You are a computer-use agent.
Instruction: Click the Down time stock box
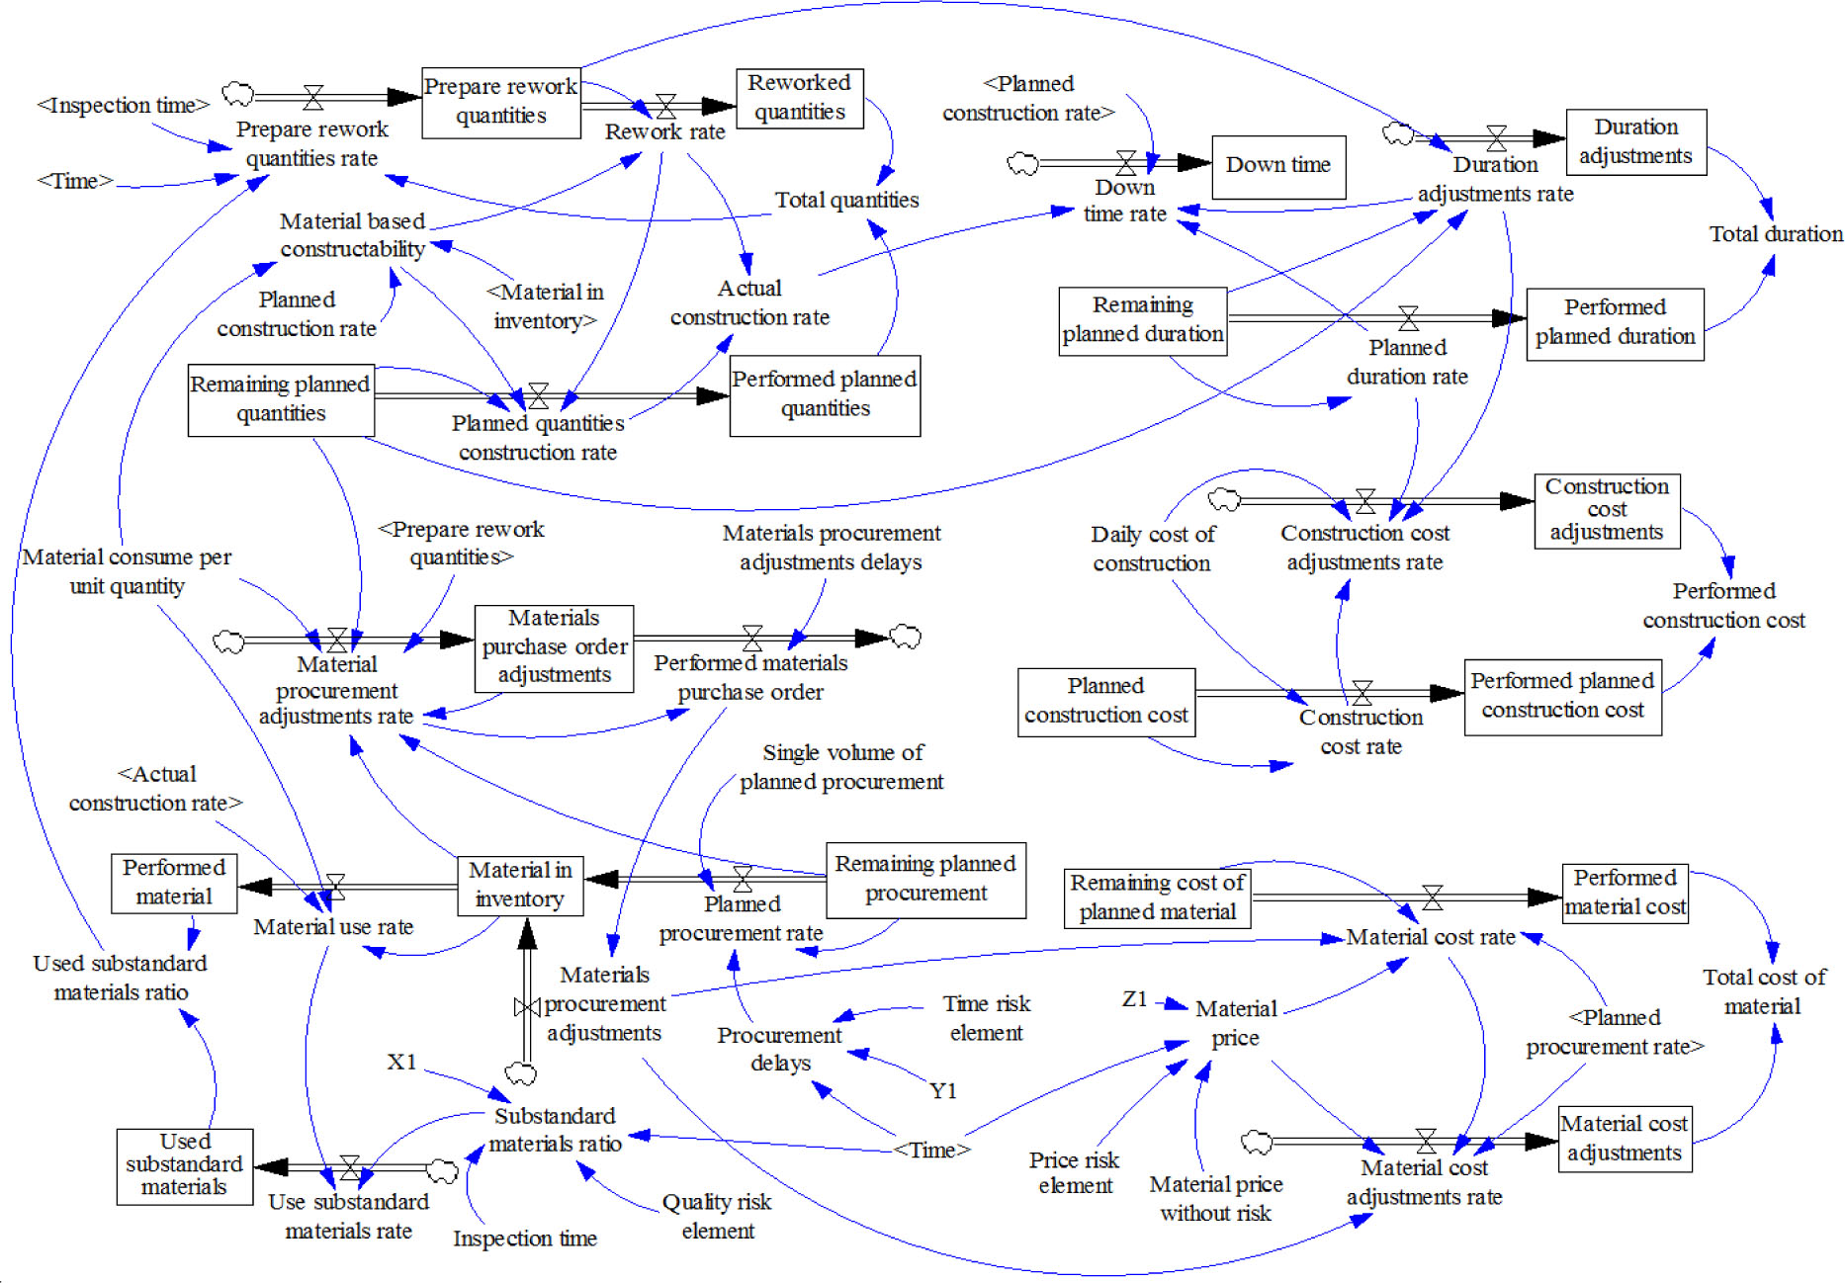[1277, 166]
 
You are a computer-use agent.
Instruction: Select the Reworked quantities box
[799, 98]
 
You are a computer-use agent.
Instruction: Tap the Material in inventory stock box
[520, 886]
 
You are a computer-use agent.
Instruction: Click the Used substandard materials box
[185, 1165]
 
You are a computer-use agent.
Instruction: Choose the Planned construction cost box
[1105, 701]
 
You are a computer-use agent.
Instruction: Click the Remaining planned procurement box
[924, 879]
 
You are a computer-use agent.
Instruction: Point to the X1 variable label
[401, 1063]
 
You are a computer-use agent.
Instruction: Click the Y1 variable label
[943, 1091]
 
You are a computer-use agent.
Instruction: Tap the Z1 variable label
[1135, 999]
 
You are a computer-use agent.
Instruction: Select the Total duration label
[1776, 234]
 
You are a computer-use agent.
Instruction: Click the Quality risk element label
[717, 1217]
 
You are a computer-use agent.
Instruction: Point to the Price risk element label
[1074, 1173]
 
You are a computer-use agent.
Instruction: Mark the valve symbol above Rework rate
[666, 106]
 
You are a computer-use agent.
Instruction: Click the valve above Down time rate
[1126, 162]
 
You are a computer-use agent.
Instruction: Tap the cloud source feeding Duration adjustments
[1397, 133]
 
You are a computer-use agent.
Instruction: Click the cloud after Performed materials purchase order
[906, 638]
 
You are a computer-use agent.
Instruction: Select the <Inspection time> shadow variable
[124, 106]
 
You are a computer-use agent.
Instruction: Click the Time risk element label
[986, 1018]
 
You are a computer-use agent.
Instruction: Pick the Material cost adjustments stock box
[1624, 1139]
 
